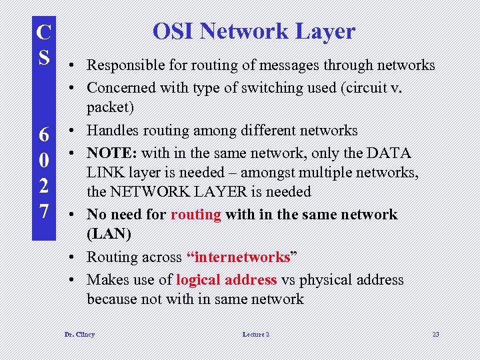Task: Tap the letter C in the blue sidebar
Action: pyautogui.click(x=44, y=32)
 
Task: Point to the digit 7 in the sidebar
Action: pyautogui.click(x=44, y=211)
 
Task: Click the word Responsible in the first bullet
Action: pyautogui.click(x=125, y=65)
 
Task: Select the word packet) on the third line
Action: pyautogui.click(x=110, y=107)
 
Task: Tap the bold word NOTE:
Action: pyautogui.click(x=111, y=153)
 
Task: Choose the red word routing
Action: pyautogui.click(x=196, y=215)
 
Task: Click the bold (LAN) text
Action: pyautogui.click(x=109, y=234)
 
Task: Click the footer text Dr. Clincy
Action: pyautogui.click(x=79, y=334)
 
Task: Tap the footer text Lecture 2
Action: pyautogui.click(x=256, y=334)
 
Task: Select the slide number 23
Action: pyautogui.click(x=435, y=334)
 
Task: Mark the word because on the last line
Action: pyautogui.click(x=112, y=299)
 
